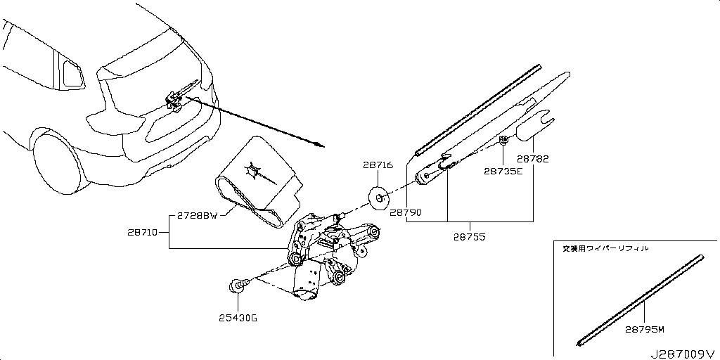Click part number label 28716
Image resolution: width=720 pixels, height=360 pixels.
click(378, 166)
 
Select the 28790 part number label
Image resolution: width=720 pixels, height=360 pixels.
click(406, 212)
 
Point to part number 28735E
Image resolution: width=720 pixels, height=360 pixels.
click(503, 171)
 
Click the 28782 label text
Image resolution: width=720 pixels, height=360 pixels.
click(532, 159)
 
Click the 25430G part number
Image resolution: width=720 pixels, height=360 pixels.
click(237, 319)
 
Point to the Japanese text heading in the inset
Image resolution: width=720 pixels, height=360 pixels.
click(605, 248)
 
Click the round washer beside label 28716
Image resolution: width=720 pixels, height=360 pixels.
click(380, 199)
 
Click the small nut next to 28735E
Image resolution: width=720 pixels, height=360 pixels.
click(504, 141)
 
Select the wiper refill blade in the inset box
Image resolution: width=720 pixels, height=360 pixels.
click(640, 299)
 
